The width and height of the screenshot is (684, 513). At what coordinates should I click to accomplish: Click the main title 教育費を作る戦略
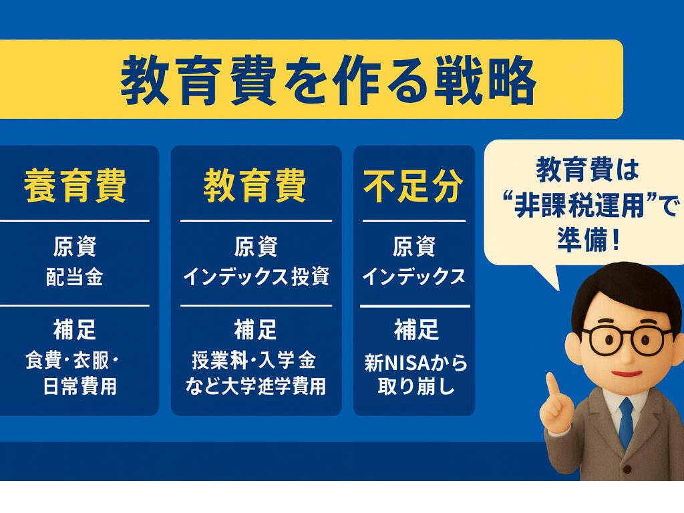click(x=328, y=80)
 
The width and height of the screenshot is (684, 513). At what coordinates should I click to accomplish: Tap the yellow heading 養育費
click(x=75, y=186)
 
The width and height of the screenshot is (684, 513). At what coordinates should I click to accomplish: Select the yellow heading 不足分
click(x=413, y=186)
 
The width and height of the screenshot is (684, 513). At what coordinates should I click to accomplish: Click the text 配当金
click(x=75, y=277)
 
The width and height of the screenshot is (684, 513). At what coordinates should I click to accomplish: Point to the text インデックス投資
click(x=256, y=277)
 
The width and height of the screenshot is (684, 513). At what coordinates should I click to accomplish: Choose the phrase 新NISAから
click(x=415, y=363)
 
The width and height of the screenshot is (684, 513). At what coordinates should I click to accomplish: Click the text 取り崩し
click(x=415, y=386)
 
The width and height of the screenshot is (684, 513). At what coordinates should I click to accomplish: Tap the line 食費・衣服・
click(x=72, y=361)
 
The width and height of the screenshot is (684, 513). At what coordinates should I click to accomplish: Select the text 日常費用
click(x=80, y=386)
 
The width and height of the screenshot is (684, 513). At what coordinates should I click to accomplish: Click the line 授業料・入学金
click(x=253, y=361)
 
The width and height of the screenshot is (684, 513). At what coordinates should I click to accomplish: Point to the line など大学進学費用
click(x=256, y=386)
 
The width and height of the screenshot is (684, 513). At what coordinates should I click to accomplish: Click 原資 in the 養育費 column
click(x=75, y=246)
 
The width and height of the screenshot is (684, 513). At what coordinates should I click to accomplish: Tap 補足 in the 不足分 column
click(x=416, y=329)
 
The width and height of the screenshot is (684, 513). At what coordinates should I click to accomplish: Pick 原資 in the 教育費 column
click(x=256, y=246)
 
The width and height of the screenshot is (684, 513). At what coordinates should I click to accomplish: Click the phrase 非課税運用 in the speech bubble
click(x=579, y=205)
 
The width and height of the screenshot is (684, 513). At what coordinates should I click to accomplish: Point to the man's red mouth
click(x=626, y=373)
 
